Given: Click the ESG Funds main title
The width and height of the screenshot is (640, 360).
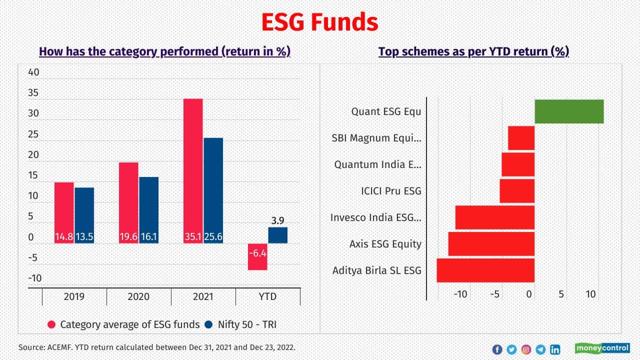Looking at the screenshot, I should pos(320,22).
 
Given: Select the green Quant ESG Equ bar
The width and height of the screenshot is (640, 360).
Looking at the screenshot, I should pos(569,111).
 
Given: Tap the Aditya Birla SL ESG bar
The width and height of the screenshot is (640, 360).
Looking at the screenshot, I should pos(485,270).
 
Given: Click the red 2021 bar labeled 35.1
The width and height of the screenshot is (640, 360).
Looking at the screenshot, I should pos(193,170).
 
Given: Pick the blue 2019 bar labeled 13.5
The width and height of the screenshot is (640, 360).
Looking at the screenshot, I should pos(84,215).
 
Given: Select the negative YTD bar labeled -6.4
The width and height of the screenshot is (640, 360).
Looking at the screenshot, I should pos(257,256).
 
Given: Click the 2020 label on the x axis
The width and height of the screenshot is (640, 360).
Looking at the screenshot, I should pos(138,296).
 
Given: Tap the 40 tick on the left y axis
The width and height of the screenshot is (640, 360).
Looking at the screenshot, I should pos(33,72).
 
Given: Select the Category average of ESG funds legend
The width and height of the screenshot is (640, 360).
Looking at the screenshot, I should pos(123,324).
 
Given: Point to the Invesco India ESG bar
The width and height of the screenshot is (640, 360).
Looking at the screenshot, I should pos(494,217).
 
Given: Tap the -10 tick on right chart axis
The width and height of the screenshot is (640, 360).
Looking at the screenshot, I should pos(460,294).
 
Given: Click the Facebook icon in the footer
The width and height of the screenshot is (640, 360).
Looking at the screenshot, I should pos(497,349).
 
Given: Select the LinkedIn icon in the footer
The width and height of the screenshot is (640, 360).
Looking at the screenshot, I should pos(555,349).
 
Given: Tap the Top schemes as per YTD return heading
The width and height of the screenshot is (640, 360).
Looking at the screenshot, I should pos(473,51).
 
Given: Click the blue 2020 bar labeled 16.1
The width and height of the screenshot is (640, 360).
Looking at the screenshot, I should pos(148,210).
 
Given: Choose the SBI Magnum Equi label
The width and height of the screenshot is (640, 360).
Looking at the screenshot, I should pos(376,138).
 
